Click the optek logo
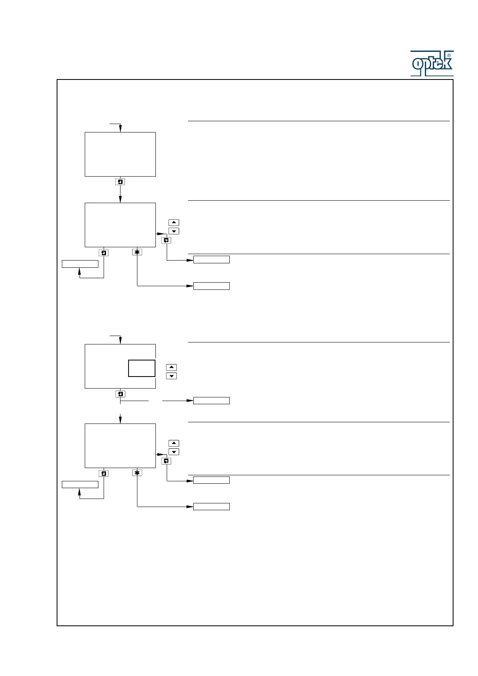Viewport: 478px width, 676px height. [432, 63]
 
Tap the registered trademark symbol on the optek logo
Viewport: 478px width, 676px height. [449, 55]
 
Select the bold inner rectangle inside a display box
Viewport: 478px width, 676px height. [142, 368]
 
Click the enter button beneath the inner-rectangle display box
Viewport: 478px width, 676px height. [120, 394]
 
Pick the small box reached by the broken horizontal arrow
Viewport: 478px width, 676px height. [211, 401]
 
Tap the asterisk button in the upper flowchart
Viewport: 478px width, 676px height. [137, 252]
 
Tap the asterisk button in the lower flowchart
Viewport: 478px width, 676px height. [137, 473]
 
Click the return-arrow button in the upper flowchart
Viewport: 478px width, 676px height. [166, 240]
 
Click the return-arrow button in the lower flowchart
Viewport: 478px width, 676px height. [166, 461]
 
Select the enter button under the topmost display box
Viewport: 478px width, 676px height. [120, 182]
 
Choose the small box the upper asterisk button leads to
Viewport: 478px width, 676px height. [211, 286]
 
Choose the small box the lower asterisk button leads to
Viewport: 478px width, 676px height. [211, 507]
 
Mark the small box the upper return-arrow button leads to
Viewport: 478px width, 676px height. [211, 259]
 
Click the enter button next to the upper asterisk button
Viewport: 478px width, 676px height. [104, 253]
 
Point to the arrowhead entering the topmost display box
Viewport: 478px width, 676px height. [120, 129]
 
